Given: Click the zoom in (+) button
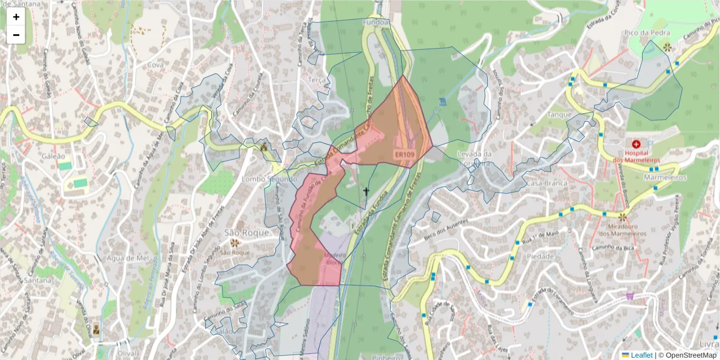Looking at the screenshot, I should coord(16,17).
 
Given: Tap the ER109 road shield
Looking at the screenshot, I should coord(404,155).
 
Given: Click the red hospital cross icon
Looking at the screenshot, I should coord(636,144).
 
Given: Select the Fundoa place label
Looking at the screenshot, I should coord(376,22).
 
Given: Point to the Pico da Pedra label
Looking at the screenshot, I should coord(659,31).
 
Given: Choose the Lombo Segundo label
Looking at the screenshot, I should coord(269,179).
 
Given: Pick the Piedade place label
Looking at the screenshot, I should coord(541,256).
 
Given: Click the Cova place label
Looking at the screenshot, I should coord(155,65).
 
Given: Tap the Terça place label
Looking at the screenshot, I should coord(316,80).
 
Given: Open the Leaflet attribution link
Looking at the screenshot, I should coord(641,355).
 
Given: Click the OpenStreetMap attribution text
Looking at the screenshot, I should coord(687,355).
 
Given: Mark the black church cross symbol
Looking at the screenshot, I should coord(366,191).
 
